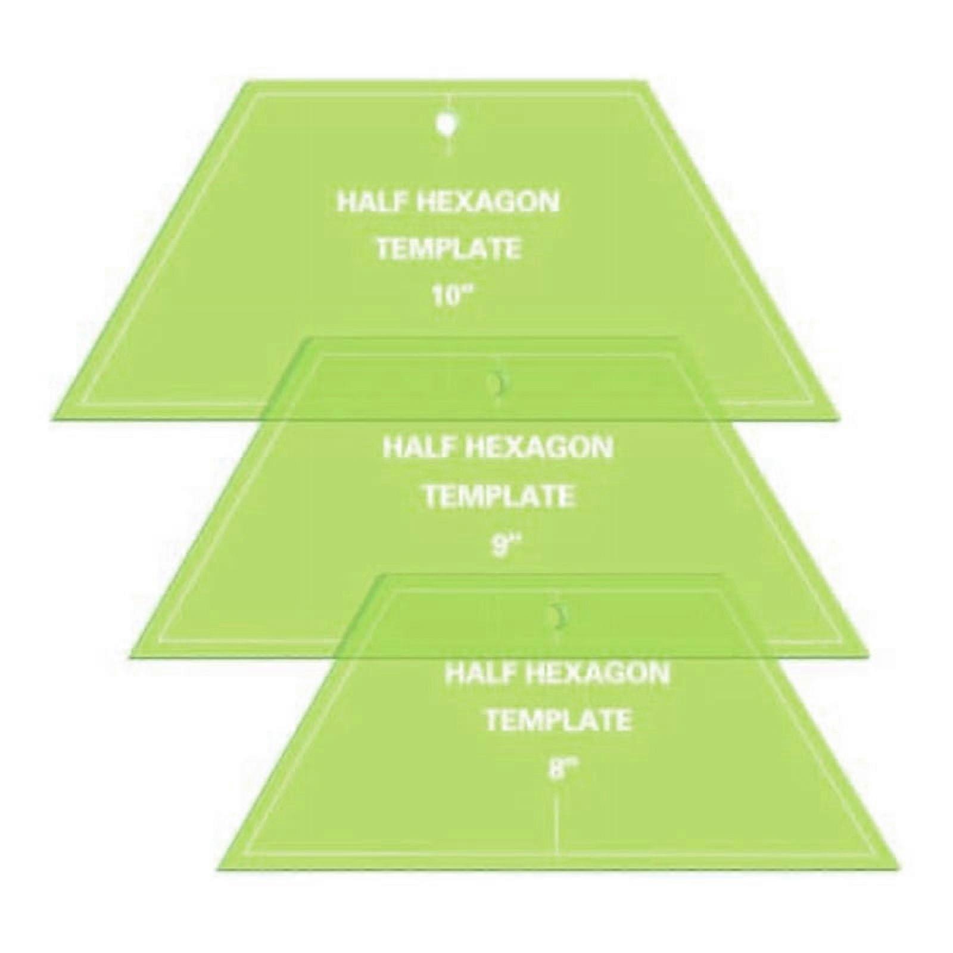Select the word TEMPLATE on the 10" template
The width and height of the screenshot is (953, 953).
pos(449,249)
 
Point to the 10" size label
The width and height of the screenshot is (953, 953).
pos(449,297)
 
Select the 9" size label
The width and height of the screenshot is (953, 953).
pos(501,546)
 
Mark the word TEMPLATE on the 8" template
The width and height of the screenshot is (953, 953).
pos(558,720)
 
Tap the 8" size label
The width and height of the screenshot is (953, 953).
pos(557,769)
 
